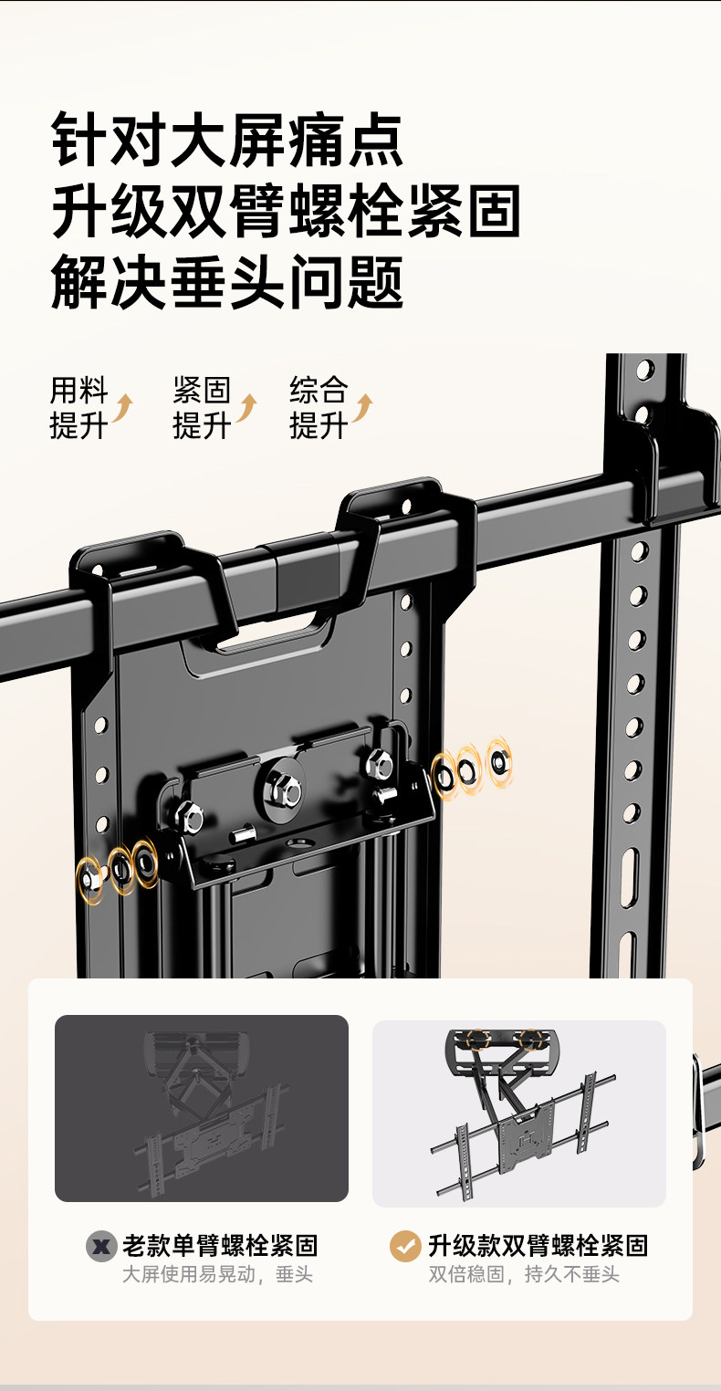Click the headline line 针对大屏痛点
227,139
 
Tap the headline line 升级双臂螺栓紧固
286,211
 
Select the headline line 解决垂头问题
227,282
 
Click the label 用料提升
78,408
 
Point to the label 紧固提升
202,408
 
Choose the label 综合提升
319,408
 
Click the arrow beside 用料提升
122,408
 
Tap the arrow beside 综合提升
363,408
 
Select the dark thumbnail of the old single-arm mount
202,1108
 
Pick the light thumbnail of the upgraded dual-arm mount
518,1114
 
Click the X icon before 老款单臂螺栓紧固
101,1246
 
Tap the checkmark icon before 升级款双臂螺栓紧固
405,1246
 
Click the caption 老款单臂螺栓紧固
220,1245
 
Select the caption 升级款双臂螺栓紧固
538,1245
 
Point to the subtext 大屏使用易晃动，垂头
217,1275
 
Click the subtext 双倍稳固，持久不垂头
524,1275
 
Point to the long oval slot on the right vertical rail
630,878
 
